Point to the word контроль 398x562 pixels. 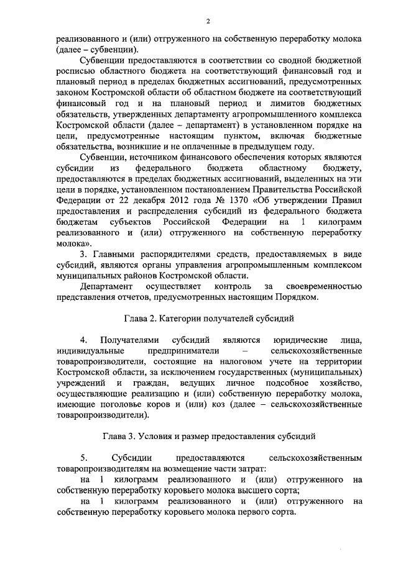pyautogui.click(x=232, y=286)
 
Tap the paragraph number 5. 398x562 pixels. pyautogui.click(x=84, y=457)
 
